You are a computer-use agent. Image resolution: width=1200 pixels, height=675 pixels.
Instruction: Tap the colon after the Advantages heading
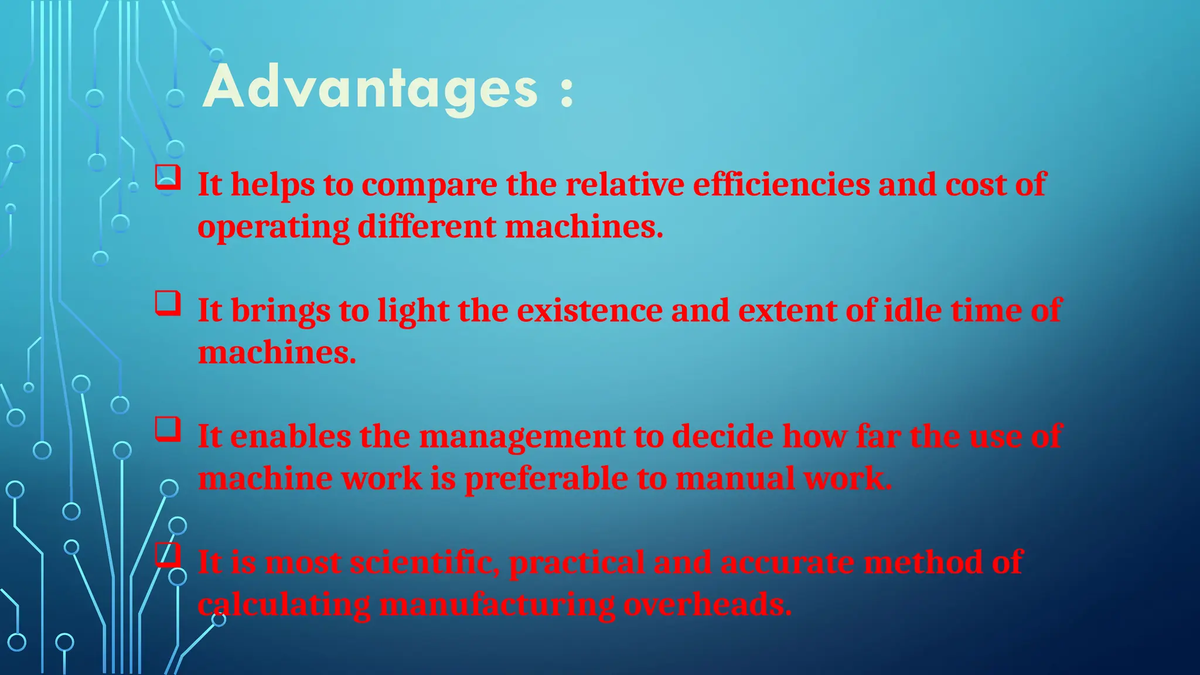click(x=566, y=93)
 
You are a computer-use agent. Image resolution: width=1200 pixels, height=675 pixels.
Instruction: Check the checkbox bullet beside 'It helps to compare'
click(x=168, y=177)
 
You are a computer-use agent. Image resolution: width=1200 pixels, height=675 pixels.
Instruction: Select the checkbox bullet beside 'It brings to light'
click(x=168, y=304)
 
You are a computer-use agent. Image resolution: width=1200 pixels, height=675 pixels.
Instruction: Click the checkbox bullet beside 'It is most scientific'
click(x=168, y=554)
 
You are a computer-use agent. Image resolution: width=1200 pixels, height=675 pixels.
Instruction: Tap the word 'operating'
click(x=273, y=227)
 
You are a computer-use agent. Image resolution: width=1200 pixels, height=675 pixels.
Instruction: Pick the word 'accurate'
click(x=787, y=562)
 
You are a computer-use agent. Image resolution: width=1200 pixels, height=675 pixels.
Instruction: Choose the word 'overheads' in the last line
click(x=707, y=604)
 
